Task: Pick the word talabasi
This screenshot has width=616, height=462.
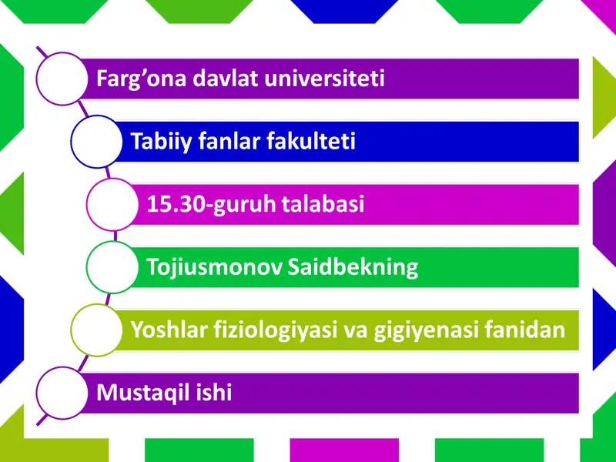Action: (324, 205)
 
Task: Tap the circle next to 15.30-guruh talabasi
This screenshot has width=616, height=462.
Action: (112, 204)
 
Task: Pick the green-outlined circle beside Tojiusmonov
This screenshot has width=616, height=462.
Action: (112, 267)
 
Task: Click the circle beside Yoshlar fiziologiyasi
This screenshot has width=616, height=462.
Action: (96, 330)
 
